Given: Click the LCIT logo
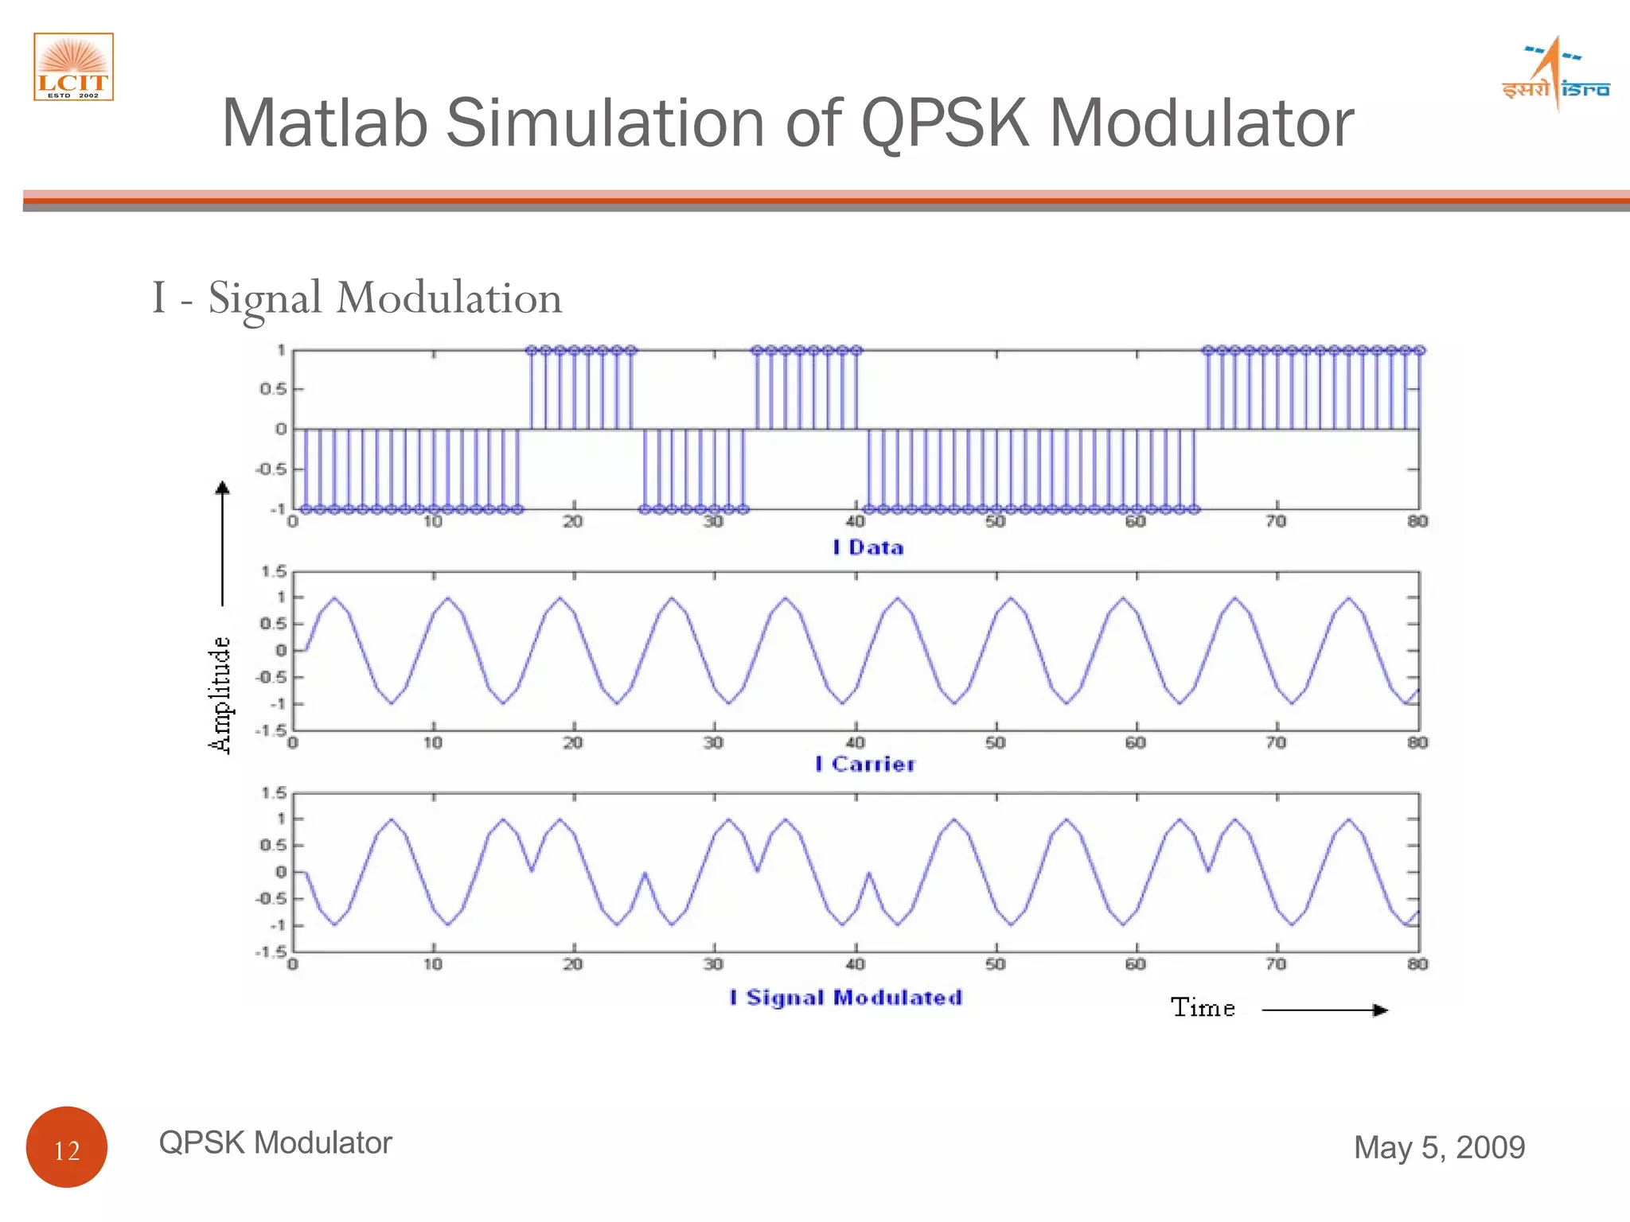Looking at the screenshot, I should click(73, 67).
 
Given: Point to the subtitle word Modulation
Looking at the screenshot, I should click(449, 298).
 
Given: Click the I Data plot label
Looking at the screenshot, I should click(868, 547).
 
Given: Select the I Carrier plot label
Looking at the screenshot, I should click(866, 764).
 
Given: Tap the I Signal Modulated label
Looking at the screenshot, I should click(847, 998).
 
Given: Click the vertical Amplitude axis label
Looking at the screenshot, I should click(220, 695).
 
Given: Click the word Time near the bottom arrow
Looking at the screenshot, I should click(1203, 1008).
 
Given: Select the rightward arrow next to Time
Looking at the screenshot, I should click(1325, 1010).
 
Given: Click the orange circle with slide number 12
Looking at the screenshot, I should click(67, 1146).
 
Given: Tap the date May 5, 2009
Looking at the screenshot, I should click(1439, 1147).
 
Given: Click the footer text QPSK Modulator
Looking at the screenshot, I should click(275, 1142).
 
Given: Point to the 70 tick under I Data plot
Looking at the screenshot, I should click(1276, 522).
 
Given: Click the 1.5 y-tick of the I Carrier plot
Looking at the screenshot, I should click(273, 571).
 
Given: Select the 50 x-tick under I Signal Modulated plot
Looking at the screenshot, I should click(995, 964).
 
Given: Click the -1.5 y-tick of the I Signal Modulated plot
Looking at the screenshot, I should click(271, 952).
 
